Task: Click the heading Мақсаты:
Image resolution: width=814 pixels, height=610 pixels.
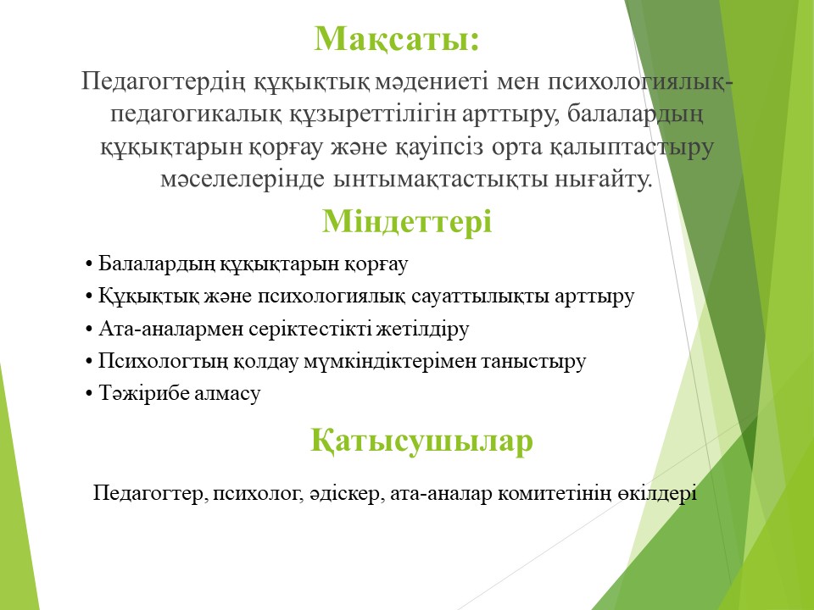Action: point(397,40)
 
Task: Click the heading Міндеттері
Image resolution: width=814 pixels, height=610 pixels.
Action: point(407,221)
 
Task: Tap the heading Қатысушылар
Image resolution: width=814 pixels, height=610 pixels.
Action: point(421,441)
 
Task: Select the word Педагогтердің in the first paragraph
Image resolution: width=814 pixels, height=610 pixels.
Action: point(163,83)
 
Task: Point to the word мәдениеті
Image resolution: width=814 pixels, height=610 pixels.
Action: point(431,82)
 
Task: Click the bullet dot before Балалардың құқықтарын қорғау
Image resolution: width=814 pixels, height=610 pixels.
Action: point(89,264)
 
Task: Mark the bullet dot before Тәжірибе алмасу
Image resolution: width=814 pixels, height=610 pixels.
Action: point(89,394)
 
